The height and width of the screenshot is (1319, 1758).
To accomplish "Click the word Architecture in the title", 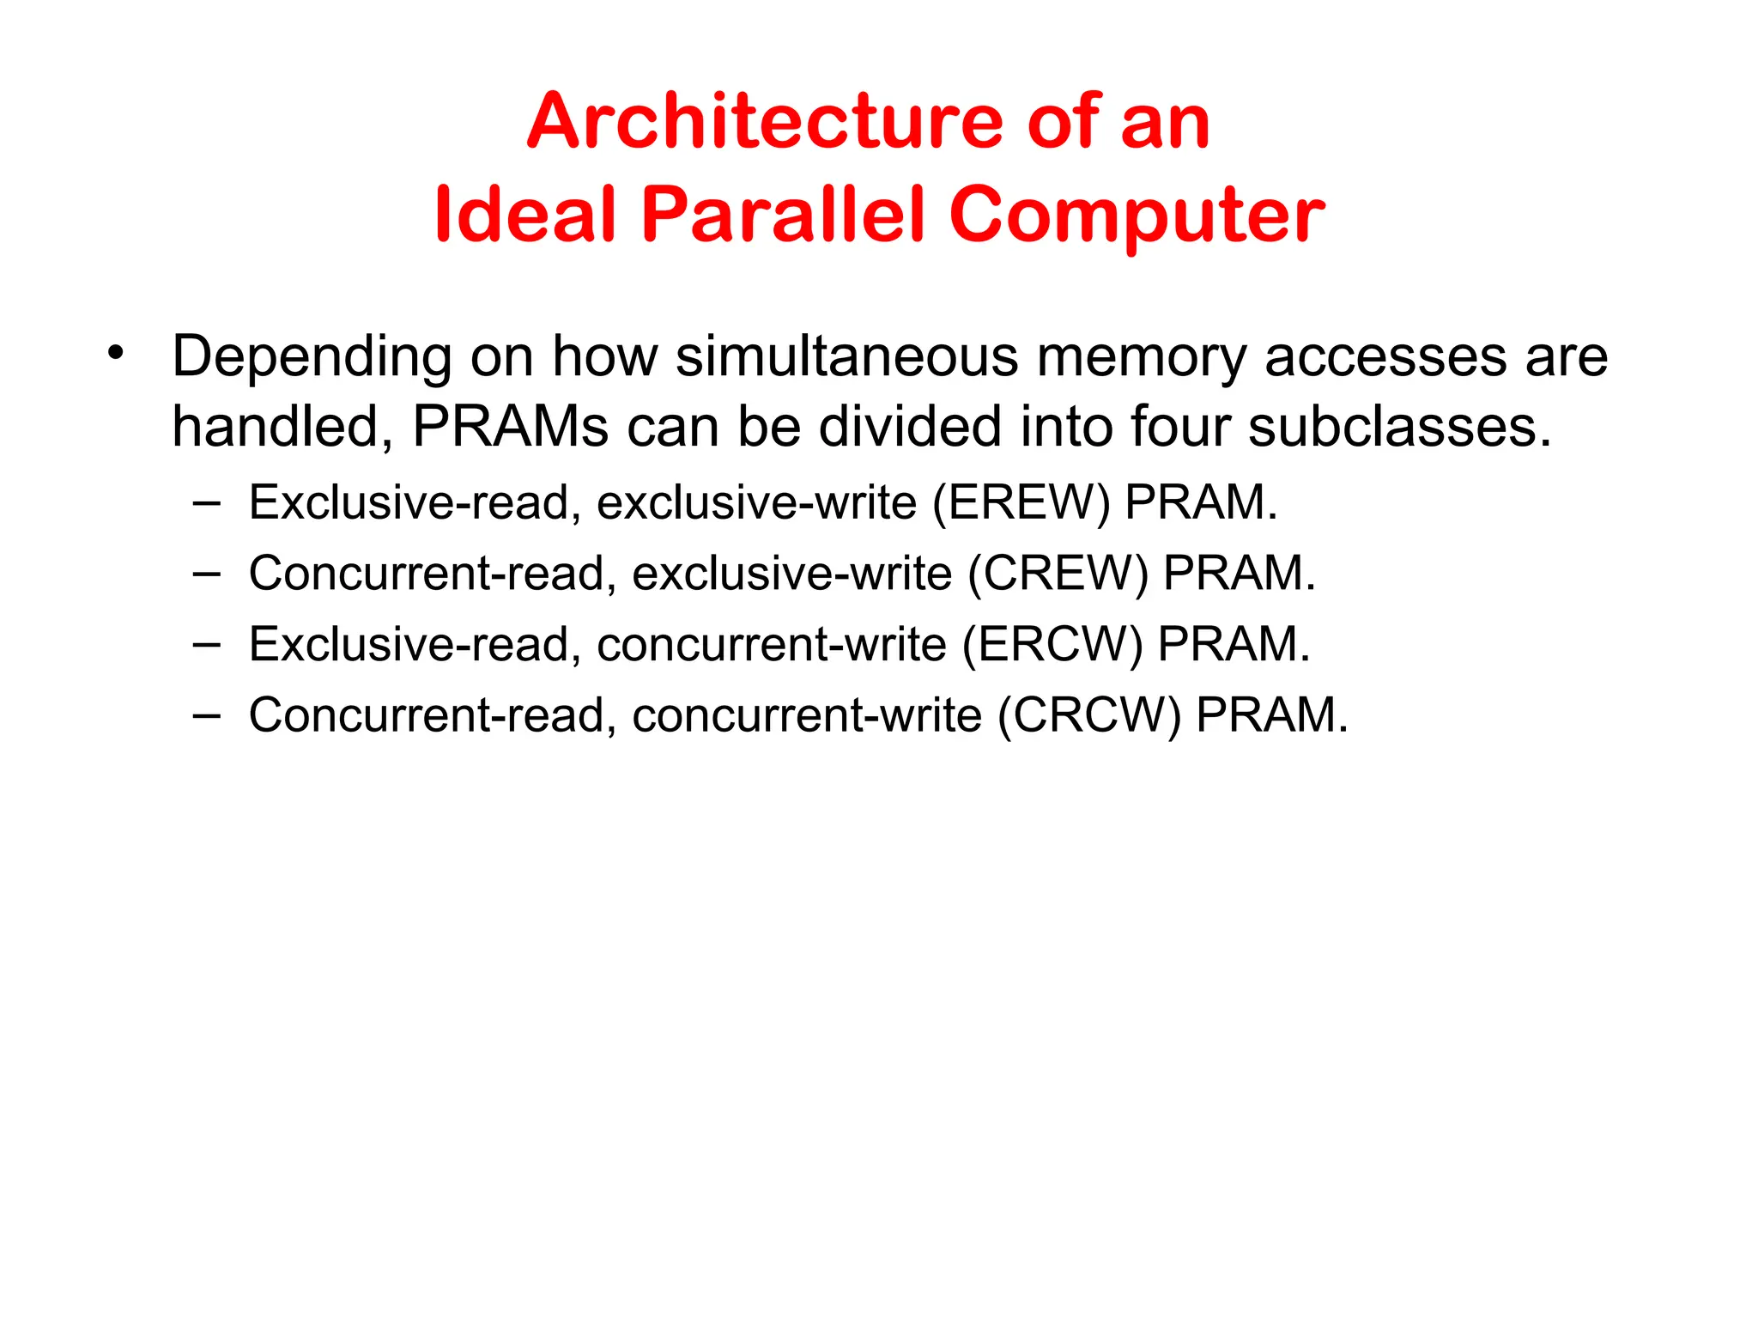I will point(765,121).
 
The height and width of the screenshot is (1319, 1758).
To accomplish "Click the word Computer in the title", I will point(1137,216).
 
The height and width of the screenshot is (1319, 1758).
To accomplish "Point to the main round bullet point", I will point(116,352).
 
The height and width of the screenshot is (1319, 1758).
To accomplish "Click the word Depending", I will point(312,357).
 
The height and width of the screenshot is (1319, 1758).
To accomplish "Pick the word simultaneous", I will point(846,356).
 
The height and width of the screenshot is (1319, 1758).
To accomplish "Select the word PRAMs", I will point(511,426).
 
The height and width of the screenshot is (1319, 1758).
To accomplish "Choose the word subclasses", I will point(1399,426).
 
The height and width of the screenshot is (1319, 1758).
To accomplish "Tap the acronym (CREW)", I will point(1058,574).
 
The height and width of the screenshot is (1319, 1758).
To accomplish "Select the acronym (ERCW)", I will point(1052,645).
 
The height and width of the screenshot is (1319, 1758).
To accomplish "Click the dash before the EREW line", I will point(207,502).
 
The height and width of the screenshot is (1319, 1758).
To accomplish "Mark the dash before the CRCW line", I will point(207,714).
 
